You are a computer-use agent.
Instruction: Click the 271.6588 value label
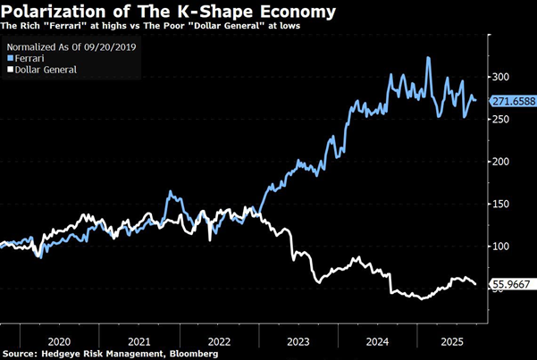tap(512, 101)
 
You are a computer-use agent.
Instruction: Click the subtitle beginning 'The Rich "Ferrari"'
tap(152, 28)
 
